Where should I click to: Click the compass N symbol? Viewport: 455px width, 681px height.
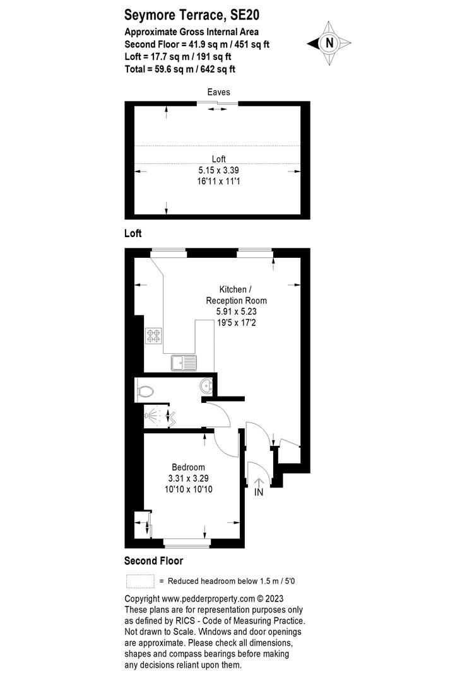[x=329, y=43]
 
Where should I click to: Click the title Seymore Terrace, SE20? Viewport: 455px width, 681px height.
[x=192, y=15]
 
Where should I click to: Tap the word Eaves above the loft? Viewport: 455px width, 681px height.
[x=218, y=92]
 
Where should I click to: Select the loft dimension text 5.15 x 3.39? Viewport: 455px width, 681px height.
[x=218, y=170]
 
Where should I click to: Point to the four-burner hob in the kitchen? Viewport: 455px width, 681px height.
[x=153, y=335]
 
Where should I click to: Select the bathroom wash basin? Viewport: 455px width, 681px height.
[x=206, y=385]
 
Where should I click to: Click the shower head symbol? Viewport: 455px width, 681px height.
[x=152, y=415]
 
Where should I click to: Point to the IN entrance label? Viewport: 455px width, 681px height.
[x=259, y=492]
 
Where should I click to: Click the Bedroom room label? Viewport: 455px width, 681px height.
[x=189, y=467]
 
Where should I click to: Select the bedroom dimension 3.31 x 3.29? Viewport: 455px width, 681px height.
[x=189, y=478]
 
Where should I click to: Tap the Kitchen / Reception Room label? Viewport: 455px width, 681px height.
[x=236, y=295]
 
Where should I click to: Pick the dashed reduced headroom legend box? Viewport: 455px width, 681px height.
[x=140, y=581]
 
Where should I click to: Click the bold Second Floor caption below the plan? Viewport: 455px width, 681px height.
[x=153, y=561]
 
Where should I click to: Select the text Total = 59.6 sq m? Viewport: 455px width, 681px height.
[x=158, y=69]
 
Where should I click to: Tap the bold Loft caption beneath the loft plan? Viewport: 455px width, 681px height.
[x=133, y=233]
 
